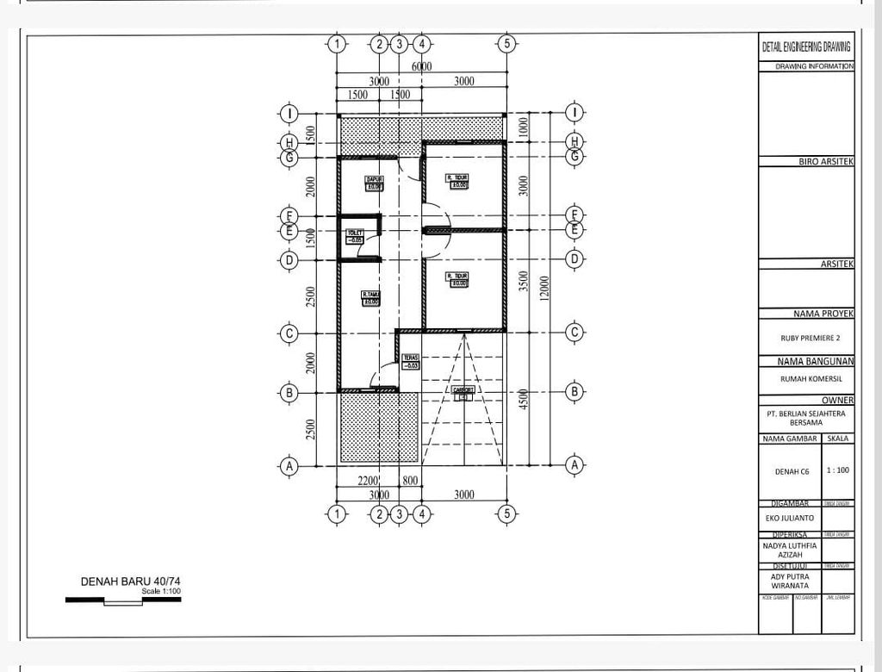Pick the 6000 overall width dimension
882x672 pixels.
[x=421, y=66]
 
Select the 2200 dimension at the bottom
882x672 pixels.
[x=368, y=481]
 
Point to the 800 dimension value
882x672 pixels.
[x=410, y=481]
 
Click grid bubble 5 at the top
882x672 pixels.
[x=506, y=44]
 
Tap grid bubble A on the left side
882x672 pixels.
[x=290, y=465]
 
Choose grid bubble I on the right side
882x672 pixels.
[x=575, y=113]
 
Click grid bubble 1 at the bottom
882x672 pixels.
[x=337, y=514]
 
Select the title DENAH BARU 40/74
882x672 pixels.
[x=130, y=582]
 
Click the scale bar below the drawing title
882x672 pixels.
[x=123, y=600]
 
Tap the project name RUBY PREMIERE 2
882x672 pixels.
[x=802, y=338]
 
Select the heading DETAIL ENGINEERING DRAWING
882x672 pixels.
[x=806, y=47]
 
